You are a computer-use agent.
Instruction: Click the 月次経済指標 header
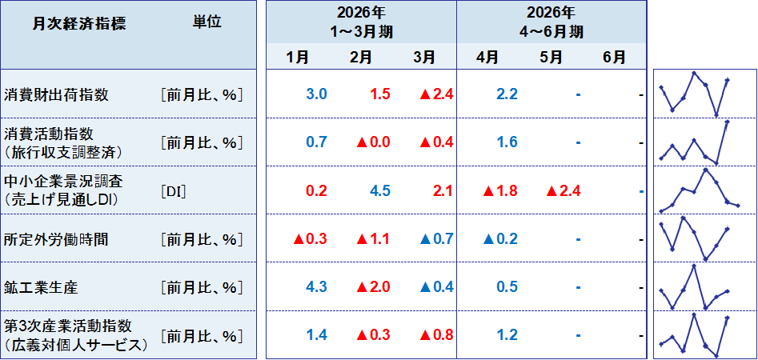tap(79, 25)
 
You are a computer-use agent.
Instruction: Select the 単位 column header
tap(207, 23)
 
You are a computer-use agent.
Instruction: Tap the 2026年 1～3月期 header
tap(361, 22)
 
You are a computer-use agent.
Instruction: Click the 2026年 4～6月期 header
tap(551, 22)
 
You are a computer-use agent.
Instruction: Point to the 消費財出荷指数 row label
tap(56, 94)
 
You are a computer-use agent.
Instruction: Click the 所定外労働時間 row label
tap(56, 239)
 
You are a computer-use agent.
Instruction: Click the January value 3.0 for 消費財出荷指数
tap(317, 94)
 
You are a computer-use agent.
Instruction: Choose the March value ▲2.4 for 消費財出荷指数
tap(436, 94)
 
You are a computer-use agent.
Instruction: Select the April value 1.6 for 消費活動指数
tap(507, 142)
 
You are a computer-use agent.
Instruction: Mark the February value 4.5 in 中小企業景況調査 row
tap(379, 191)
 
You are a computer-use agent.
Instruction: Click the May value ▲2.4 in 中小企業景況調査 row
tap(563, 191)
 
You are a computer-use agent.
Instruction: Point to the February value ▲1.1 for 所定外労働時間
tap(373, 239)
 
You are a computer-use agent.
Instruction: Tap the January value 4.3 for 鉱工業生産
tap(317, 287)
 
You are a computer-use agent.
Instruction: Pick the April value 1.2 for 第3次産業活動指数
tap(507, 335)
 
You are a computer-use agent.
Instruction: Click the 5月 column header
tap(551, 58)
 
